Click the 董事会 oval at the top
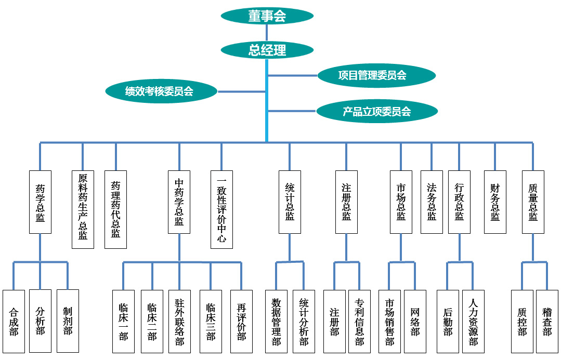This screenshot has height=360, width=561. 267,16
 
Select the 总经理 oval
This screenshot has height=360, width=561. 267,50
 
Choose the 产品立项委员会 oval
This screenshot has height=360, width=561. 376,111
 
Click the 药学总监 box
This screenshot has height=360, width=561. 40,202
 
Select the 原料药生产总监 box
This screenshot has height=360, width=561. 83,209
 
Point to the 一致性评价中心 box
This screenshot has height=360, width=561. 221,209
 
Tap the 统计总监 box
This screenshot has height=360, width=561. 290,202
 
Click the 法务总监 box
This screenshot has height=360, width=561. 432,202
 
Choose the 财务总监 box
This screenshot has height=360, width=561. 495,202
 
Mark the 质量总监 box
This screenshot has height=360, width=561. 533,202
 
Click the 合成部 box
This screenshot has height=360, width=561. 14,321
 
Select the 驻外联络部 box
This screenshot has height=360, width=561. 179,321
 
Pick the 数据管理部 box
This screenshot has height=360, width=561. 276,321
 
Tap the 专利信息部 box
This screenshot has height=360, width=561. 359,321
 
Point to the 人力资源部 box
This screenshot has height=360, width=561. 473,321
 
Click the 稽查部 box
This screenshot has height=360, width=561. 547,321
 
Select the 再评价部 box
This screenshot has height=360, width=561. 241,321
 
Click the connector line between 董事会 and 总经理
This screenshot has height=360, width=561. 267,33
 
